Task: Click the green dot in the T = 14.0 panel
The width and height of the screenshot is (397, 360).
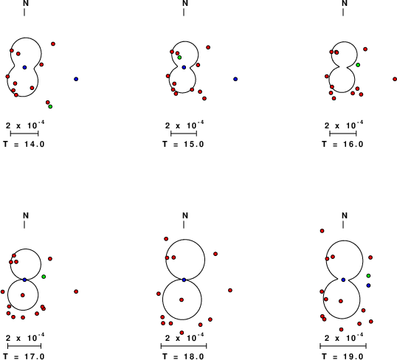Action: click(x=50, y=106)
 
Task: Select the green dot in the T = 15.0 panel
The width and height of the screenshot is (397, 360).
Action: click(x=179, y=58)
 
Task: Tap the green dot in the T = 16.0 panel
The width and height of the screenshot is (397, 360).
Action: click(x=358, y=65)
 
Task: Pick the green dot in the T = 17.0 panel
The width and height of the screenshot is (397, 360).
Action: click(x=44, y=277)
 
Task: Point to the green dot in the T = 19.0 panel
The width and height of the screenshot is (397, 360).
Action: click(x=369, y=276)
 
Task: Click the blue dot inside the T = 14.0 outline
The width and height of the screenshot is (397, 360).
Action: click(x=24, y=67)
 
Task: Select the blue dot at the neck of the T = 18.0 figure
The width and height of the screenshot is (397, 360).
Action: click(x=184, y=280)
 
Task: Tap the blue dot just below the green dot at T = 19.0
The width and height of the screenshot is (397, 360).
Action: click(x=369, y=285)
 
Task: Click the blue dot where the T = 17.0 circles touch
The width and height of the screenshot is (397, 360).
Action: click(x=24, y=280)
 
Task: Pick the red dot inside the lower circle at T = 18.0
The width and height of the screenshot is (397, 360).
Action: click(x=182, y=300)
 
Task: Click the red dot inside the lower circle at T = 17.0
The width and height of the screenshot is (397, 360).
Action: click(x=23, y=295)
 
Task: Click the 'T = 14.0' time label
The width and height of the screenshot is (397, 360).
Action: click(x=24, y=144)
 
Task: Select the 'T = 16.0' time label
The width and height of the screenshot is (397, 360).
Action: click(x=343, y=144)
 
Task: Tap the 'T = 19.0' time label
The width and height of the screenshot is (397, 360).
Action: click(x=343, y=356)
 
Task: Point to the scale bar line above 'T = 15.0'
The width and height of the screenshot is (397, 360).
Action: click(x=184, y=134)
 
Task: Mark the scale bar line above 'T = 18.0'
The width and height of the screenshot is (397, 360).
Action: click(x=184, y=346)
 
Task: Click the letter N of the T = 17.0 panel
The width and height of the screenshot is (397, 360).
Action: click(x=26, y=215)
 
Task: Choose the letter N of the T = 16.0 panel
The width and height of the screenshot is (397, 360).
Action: click(x=345, y=3)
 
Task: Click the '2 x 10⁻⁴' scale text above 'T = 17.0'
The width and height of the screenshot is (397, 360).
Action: click(x=25, y=337)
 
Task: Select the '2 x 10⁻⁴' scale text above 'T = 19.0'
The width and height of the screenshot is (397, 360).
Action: click(x=344, y=337)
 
